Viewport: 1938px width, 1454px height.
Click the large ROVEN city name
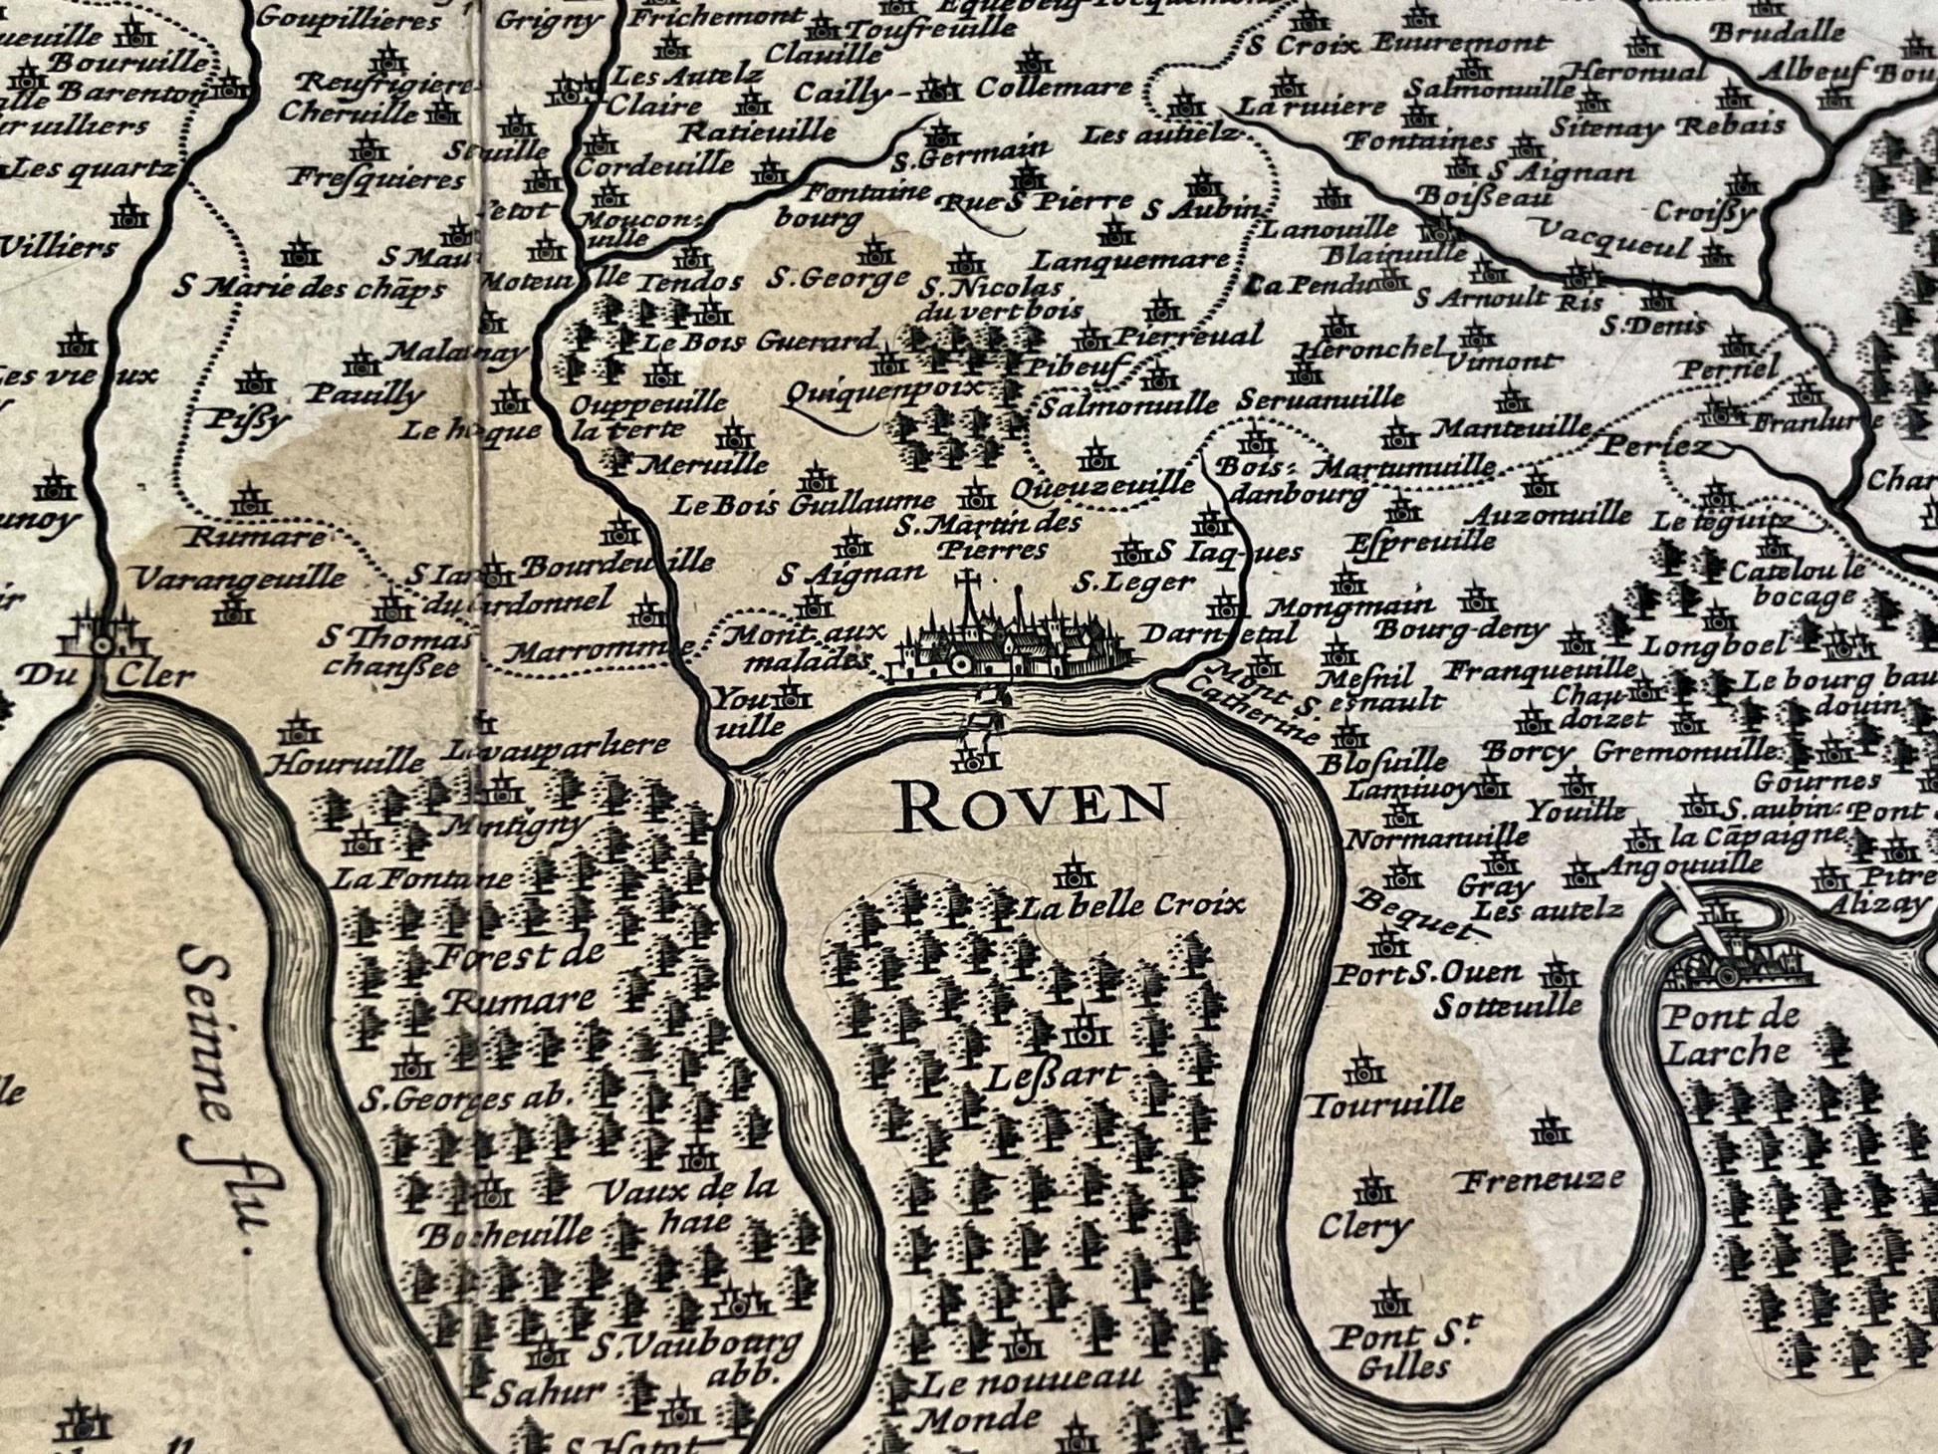[x=1032, y=807]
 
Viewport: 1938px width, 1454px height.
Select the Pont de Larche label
[x=1730, y=1034]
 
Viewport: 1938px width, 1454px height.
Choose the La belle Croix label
[x=1133, y=906]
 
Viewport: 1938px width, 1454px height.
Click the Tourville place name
[x=1385, y=1103]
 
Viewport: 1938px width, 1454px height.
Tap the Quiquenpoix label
[x=880, y=390]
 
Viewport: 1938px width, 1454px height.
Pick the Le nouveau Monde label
[x=1026, y=1397]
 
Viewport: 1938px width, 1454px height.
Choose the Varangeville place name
[x=239, y=579]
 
